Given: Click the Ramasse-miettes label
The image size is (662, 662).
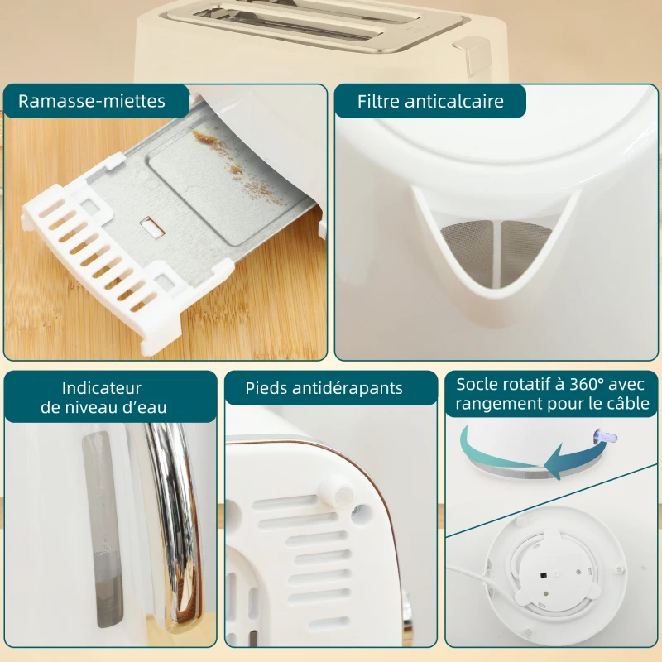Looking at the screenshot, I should click(x=91, y=102).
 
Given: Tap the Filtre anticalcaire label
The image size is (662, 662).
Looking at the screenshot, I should click(x=429, y=102).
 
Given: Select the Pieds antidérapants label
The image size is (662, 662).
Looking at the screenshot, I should click(x=324, y=388).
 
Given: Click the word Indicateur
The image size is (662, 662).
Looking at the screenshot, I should click(x=102, y=388).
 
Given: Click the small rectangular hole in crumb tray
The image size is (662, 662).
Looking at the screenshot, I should click(x=151, y=225).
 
